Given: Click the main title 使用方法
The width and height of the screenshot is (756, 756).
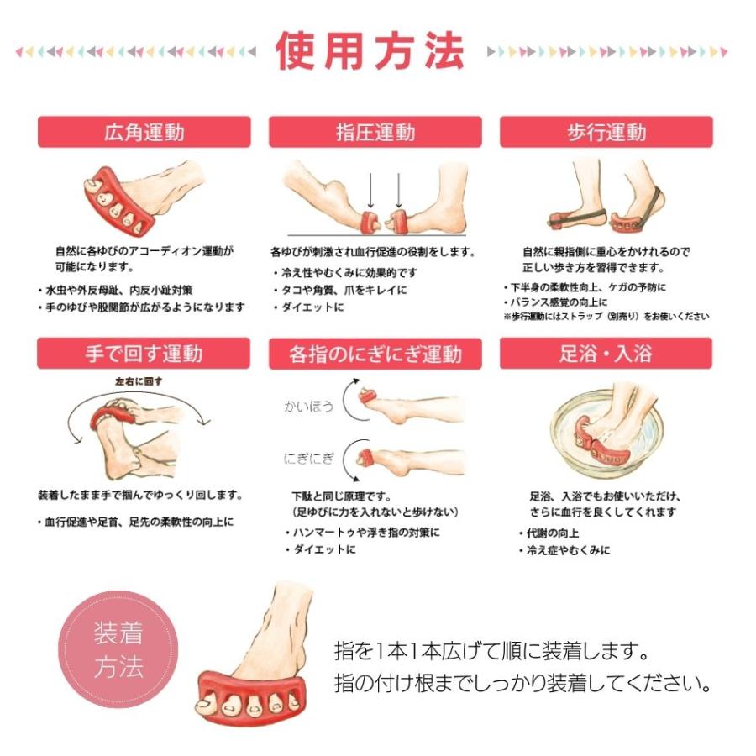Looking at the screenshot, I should [x=370, y=51].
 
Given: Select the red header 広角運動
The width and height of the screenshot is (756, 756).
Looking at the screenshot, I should [x=144, y=132].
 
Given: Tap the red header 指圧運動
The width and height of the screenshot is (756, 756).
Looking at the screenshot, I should [x=375, y=132].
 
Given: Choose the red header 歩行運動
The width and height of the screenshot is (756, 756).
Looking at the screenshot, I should [x=606, y=132].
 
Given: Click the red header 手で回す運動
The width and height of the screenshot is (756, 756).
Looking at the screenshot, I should [x=144, y=353].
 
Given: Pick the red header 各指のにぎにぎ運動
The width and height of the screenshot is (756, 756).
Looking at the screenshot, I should [x=375, y=353].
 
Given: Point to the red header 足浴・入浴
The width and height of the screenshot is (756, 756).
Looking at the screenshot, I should [x=606, y=353].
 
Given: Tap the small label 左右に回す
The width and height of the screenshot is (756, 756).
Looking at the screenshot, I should [x=139, y=381].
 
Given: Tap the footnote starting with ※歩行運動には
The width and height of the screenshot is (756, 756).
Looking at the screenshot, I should [x=606, y=317].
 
